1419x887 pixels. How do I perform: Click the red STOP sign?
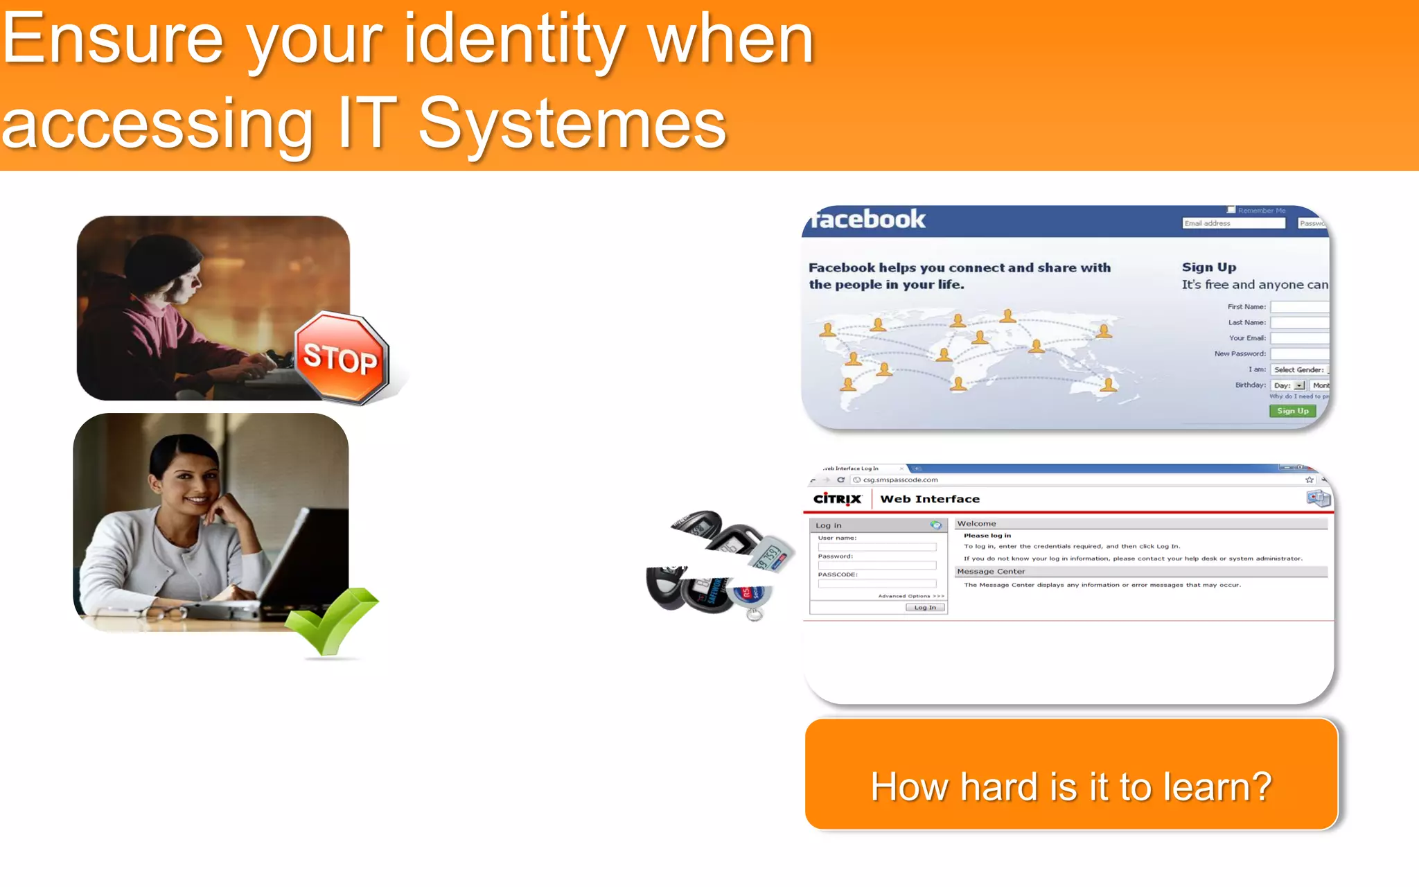pyautogui.click(x=341, y=358)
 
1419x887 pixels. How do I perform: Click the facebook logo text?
pyautogui.click(x=868, y=220)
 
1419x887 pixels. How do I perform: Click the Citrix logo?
pyautogui.click(x=837, y=499)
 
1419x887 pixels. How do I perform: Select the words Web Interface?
pyautogui.click(x=930, y=499)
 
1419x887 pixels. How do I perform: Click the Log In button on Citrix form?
pyautogui.click(x=925, y=608)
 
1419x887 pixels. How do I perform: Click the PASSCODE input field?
pyautogui.click(x=876, y=583)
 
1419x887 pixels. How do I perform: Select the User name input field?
pyautogui.click(x=876, y=547)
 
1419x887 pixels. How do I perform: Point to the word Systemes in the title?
pyautogui.click(x=572, y=125)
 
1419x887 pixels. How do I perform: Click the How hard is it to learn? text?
pyautogui.click(x=1071, y=787)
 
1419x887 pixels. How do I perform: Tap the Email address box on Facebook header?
pyautogui.click(x=1233, y=223)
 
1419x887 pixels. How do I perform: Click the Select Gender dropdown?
pyautogui.click(x=1300, y=370)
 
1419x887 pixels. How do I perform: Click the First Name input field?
pyautogui.click(x=1300, y=307)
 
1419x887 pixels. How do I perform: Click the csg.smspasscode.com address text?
pyautogui.click(x=900, y=480)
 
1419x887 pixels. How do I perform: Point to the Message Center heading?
pyautogui.click(x=991, y=572)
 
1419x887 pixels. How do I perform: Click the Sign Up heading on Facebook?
pyautogui.click(x=1209, y=267)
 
